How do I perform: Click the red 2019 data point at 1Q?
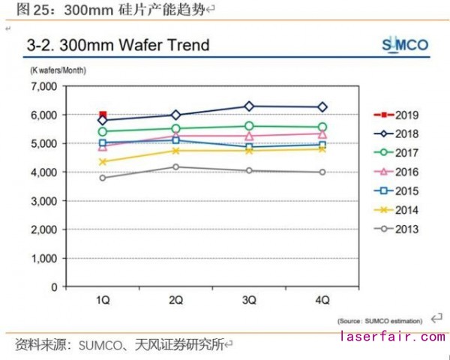click(x=103, y=115)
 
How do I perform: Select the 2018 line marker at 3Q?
click(x=250, y=106)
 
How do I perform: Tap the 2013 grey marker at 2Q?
click(x=176, y=166)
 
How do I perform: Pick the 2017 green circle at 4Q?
click(x=322, y=127)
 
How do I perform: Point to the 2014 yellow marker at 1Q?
click(x=103, y=162)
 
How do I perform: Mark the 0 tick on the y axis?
click(x=54, y=287)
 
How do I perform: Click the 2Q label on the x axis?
click(x=176, y=300)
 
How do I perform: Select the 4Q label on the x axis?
click(x=322, y=300)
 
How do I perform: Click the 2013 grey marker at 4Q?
click(x=322, y=172)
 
